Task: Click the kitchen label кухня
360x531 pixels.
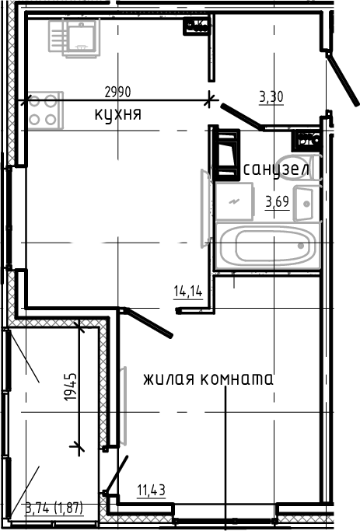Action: (x=117, y=115)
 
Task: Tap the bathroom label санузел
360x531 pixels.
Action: (x=277, y=169)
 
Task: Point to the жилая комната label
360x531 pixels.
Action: (x=208, y=380)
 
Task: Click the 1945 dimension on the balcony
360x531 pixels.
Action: (x=71, y=387)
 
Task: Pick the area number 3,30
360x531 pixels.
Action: (x=271, y=97)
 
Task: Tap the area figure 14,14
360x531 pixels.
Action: (x=187, y=292)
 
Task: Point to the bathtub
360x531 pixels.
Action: (x=267, y=246)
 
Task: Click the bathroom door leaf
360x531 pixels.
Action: (x=241, y=117)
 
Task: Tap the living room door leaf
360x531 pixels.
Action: (x=149, y=323)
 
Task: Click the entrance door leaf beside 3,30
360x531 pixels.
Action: (x=339, y=82)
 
